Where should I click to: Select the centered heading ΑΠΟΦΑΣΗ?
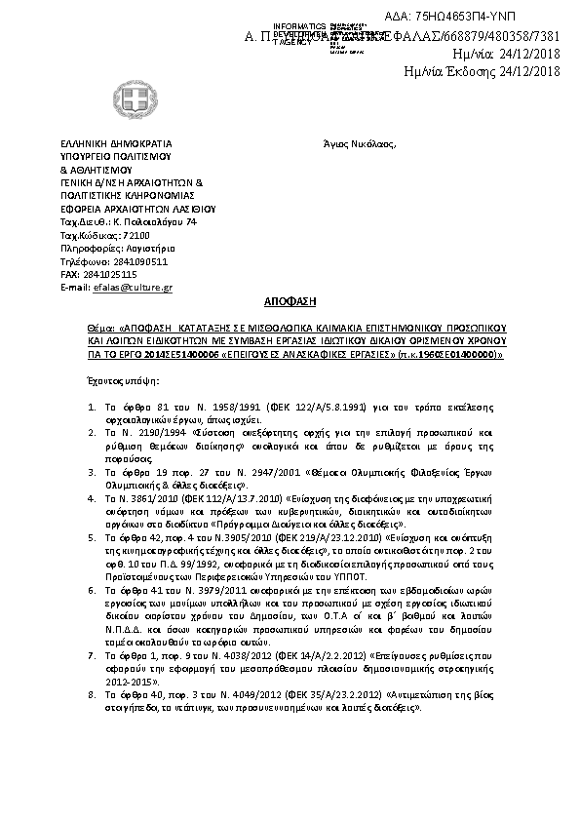coord(290,304)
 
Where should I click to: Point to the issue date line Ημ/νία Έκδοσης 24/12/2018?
coord(482,71)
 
